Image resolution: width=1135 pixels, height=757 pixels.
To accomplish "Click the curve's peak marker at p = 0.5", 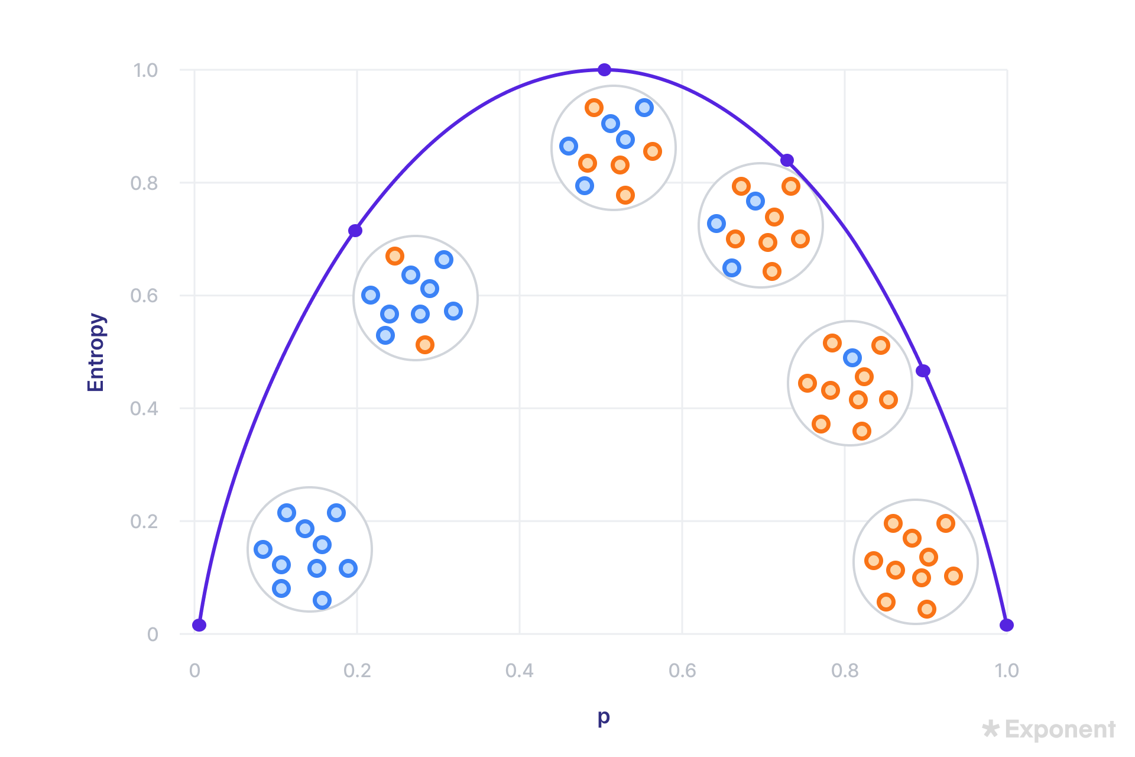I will (x=604, y=70).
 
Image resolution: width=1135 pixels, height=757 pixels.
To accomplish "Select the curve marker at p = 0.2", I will (x=355, y=230).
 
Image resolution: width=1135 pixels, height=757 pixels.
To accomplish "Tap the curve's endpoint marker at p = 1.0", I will (x=1006, y=625).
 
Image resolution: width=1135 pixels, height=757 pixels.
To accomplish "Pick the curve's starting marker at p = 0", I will (x=199, y=625).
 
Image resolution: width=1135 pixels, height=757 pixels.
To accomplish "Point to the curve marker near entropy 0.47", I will (x=923, y=371).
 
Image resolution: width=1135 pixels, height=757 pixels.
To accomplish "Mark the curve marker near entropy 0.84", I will (x=787, y=160).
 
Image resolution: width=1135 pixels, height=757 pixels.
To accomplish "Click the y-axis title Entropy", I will (x=96, y=352).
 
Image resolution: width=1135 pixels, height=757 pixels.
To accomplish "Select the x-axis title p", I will (x=603, y=717).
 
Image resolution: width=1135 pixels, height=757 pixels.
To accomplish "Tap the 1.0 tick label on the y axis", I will (x=145, y=70).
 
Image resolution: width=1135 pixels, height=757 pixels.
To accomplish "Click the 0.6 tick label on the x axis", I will (x=682, y=671).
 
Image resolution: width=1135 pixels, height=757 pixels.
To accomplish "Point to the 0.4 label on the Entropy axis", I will (x=144, y=409).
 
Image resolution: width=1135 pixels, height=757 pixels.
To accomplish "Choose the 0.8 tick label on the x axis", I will (x=845, y=671).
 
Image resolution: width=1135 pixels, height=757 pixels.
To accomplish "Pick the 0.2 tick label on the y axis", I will (x=144, y=522).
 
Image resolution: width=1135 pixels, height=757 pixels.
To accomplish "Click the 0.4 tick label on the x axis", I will (x=520, y=671).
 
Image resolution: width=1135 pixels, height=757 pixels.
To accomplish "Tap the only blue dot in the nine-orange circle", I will (x=852, y=358).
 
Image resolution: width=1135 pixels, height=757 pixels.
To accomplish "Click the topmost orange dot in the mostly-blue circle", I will (x=395, y=256).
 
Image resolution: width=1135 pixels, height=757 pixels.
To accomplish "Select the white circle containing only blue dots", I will (x=309, y=549).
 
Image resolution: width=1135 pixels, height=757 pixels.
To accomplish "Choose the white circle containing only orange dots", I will (x=915, y=561).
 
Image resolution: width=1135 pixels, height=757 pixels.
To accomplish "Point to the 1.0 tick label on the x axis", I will (x=1007, y=671).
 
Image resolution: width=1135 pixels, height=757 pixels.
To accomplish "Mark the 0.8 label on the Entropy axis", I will (x=144, y=183).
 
